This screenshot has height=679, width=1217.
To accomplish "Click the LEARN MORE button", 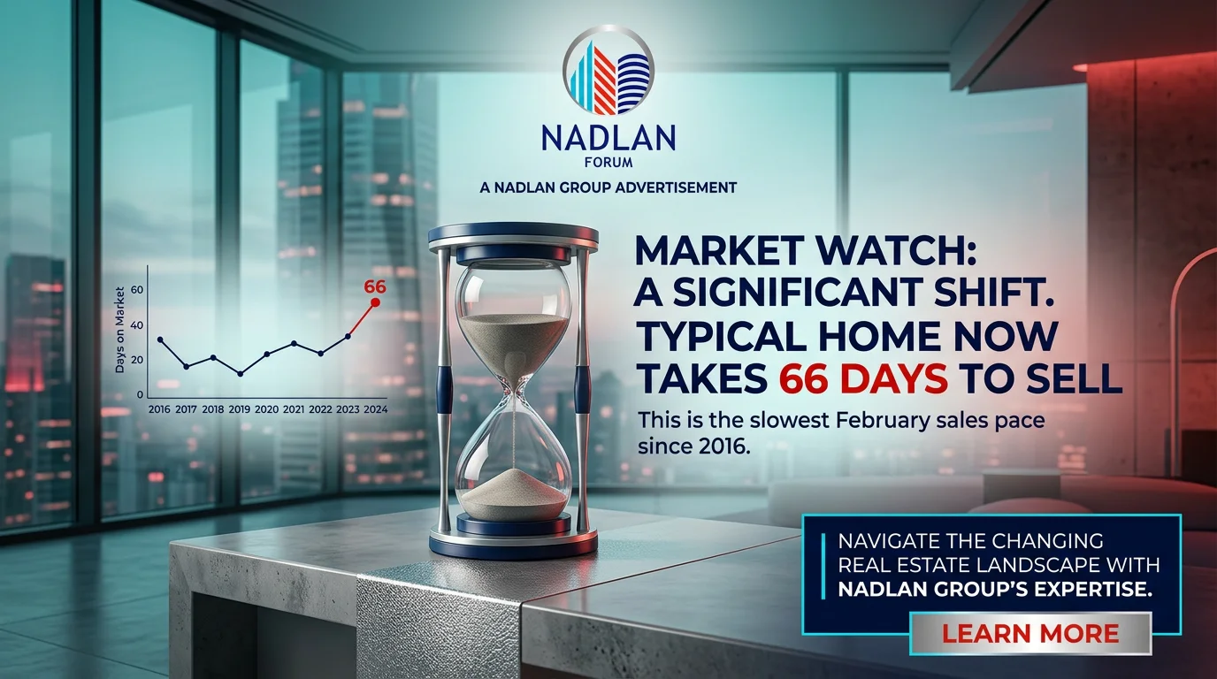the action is (x=1030, y=633).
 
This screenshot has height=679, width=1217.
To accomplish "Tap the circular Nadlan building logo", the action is (x=608, y=71).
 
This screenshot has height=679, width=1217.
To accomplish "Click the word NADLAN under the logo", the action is (x=608, y=138).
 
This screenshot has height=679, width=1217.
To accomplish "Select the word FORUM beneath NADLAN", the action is (x=608, y=162).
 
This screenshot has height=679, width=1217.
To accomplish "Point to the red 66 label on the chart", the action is (x=375, y=286).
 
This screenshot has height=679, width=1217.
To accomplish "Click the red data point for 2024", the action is (x=374, y=302).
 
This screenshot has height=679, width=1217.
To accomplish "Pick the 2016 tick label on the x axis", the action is (x=159, y=409).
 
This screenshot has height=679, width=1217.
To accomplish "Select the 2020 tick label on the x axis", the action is (x=267, y=409).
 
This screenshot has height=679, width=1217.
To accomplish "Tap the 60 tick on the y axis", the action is (x=137, y=289).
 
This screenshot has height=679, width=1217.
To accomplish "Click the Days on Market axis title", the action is (x=120, y=330).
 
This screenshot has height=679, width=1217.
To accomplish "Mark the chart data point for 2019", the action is (x=241, y=374).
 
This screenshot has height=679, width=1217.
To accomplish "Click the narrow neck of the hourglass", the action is (x=513, y=393).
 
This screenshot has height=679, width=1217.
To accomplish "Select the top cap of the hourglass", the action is (x=513, y=237).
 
